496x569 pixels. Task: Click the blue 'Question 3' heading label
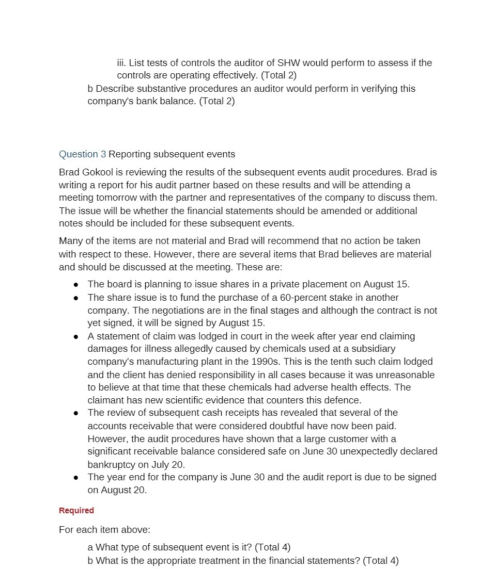82,154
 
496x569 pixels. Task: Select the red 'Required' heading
76,511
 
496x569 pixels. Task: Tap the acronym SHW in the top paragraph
289,63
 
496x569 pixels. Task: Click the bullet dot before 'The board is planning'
76,285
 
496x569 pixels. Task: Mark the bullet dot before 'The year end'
76,478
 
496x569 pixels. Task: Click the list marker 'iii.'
121,63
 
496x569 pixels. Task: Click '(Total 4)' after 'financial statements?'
381,561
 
